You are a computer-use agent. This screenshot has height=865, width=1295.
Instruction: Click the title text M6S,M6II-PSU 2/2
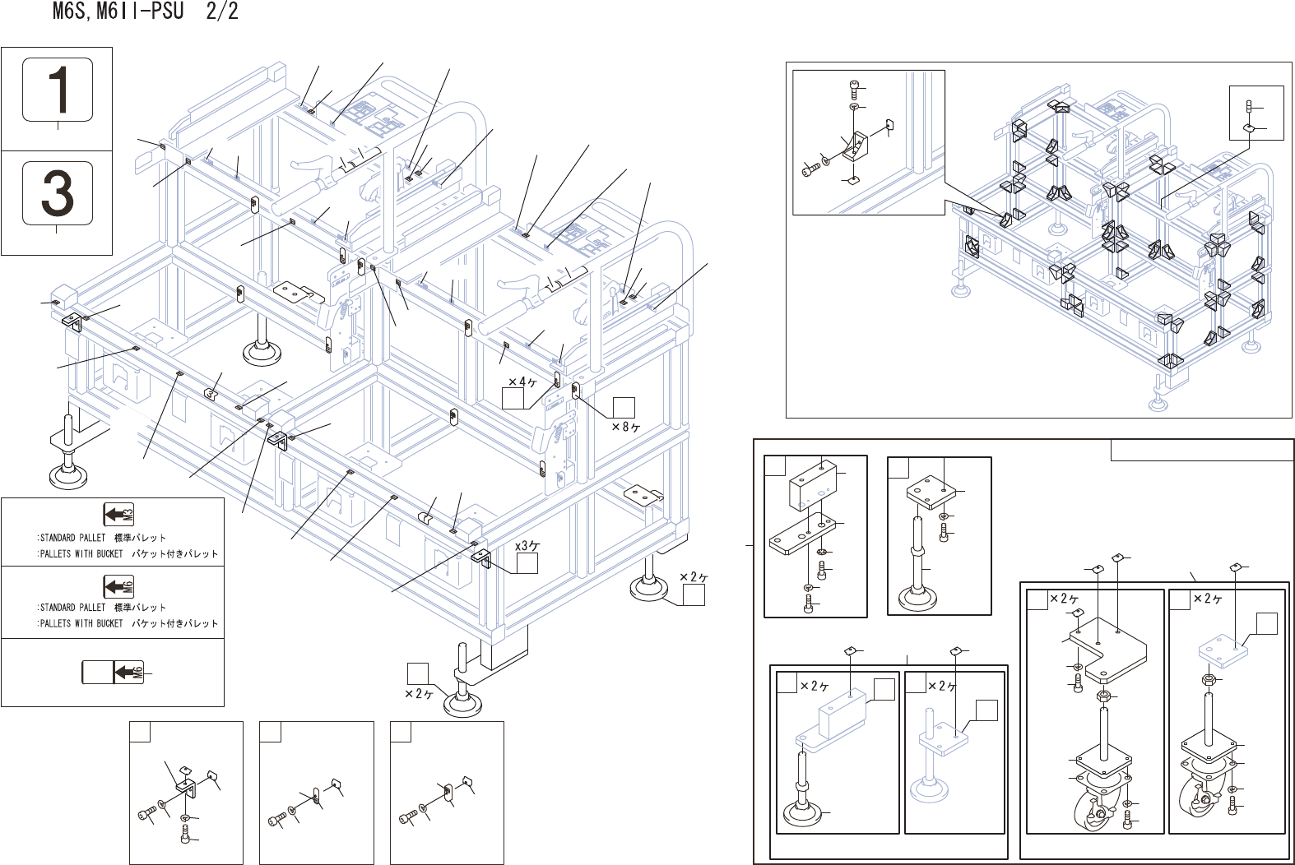[x=145, y=12]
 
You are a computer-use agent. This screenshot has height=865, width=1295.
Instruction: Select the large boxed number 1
[x=57, y=90]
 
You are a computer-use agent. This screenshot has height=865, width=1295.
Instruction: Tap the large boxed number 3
[x=57, y=192]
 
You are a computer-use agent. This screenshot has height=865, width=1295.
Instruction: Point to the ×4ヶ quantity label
[x=522, y=382]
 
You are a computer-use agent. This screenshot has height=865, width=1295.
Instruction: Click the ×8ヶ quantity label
[x=626, y=427]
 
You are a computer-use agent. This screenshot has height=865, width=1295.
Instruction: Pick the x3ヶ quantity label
[x=527, y=546]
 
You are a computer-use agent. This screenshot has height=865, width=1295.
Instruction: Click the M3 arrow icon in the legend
[x=118, y=515]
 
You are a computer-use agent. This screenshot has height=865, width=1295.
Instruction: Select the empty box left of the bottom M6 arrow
[x=96, y=672]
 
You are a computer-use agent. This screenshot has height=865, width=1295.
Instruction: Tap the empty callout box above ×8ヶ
[x=624, y=407]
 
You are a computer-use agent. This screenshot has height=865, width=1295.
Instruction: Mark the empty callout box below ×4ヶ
[x=513, y=398]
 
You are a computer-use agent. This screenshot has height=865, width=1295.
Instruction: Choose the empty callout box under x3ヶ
[x=527, y=563]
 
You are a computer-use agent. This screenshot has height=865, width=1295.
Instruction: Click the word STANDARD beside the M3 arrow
[x=58, y=538]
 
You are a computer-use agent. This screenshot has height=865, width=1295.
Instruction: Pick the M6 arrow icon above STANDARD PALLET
[x=118, y=585]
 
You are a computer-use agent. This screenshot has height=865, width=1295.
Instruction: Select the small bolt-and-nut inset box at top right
[x=1256, y=113]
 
